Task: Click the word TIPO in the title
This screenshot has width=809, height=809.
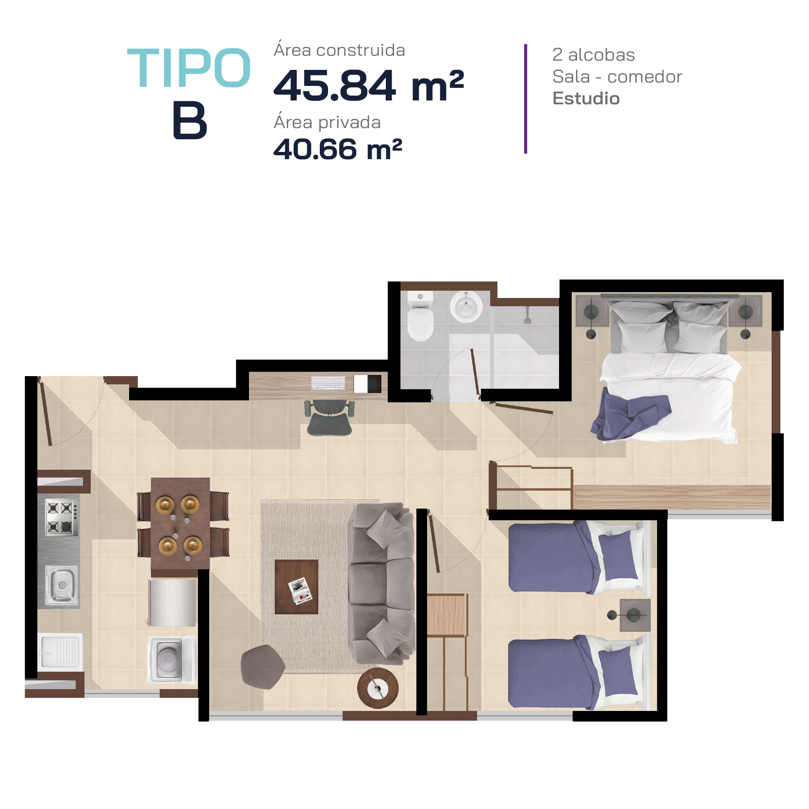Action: coord(189,68)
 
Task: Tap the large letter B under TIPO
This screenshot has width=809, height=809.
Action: coord(190,120)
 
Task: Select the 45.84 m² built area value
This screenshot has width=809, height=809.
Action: coord(369,85)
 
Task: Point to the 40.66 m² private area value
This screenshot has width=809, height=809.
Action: coord(338,149)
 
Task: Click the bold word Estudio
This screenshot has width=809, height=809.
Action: coord(586,99)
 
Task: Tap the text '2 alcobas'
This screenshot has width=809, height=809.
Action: coord(594,55)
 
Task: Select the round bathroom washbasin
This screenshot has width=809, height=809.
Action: coord(466,307)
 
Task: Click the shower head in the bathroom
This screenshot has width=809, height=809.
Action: coord(528,316)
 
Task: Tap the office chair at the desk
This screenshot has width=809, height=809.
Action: coord(330,417)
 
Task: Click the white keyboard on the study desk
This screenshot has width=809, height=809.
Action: coord(328,383)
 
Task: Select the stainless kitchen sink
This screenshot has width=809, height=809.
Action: coord(61,585)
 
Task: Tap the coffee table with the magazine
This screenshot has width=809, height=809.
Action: coord(297,587)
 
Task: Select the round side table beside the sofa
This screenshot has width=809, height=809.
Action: coord(378,688)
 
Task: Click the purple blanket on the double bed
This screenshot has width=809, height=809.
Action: coord(630,417)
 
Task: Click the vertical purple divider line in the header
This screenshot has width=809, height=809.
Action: coord(526,99)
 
